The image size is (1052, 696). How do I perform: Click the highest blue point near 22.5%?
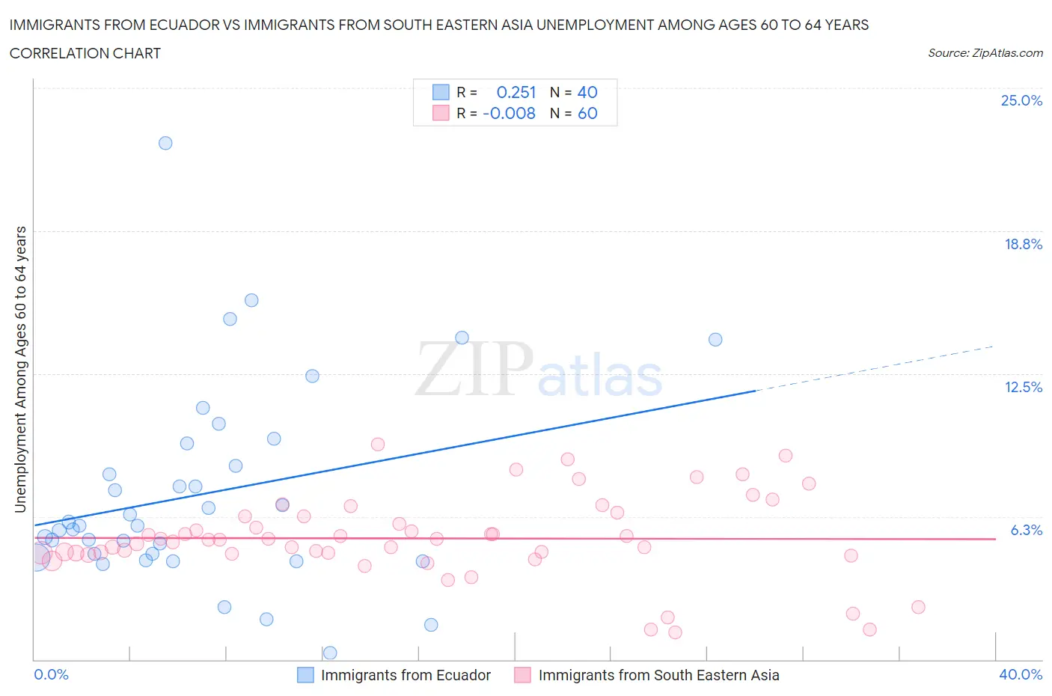pyautogui.click(x=165, y=143)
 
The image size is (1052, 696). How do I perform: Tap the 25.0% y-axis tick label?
pyautogui.click(x=1021, y=100)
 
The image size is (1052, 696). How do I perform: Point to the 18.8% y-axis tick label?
pyautogui.click(x=1023, y=244)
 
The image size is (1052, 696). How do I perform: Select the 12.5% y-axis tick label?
pyautogui.click(x=1023, y=387)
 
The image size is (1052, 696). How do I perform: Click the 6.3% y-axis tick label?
pyautogui.click(x=1026, y=530)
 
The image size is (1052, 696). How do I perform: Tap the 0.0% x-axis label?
pyautogui.click(x=51, y=674)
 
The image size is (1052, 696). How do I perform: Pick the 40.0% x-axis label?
pyautogui.click(x=1021, y=674)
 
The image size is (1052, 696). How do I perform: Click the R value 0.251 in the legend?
pyautogui.click(x=516, y=92)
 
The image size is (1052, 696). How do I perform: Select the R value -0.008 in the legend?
pyautogui.click(x=509, y=113)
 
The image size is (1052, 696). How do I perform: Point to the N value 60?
pyautogui.click(x=587, y=113)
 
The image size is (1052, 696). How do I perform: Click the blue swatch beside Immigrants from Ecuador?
pyautogui.click(x=305, y=675)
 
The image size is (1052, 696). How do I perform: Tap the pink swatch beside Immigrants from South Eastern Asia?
pyautogui.click(x=522, y=675)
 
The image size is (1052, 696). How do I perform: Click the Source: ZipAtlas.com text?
pyautogui.click(x=985, y=52)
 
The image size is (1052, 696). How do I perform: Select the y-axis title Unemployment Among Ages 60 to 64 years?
pyautogui.click(x=20, y=369)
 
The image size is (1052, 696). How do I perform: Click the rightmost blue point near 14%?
pyautogui.click(x=715, y=340)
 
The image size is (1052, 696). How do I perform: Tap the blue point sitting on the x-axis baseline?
pyautogui.click(x=329, y=653)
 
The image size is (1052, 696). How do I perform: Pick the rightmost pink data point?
pyautogui.click(x=918, y=607)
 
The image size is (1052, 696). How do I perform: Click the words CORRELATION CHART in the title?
pyautogui.click(x=85, y=53)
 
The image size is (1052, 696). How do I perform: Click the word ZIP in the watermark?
pyautogui.click(x=473, y=369)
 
